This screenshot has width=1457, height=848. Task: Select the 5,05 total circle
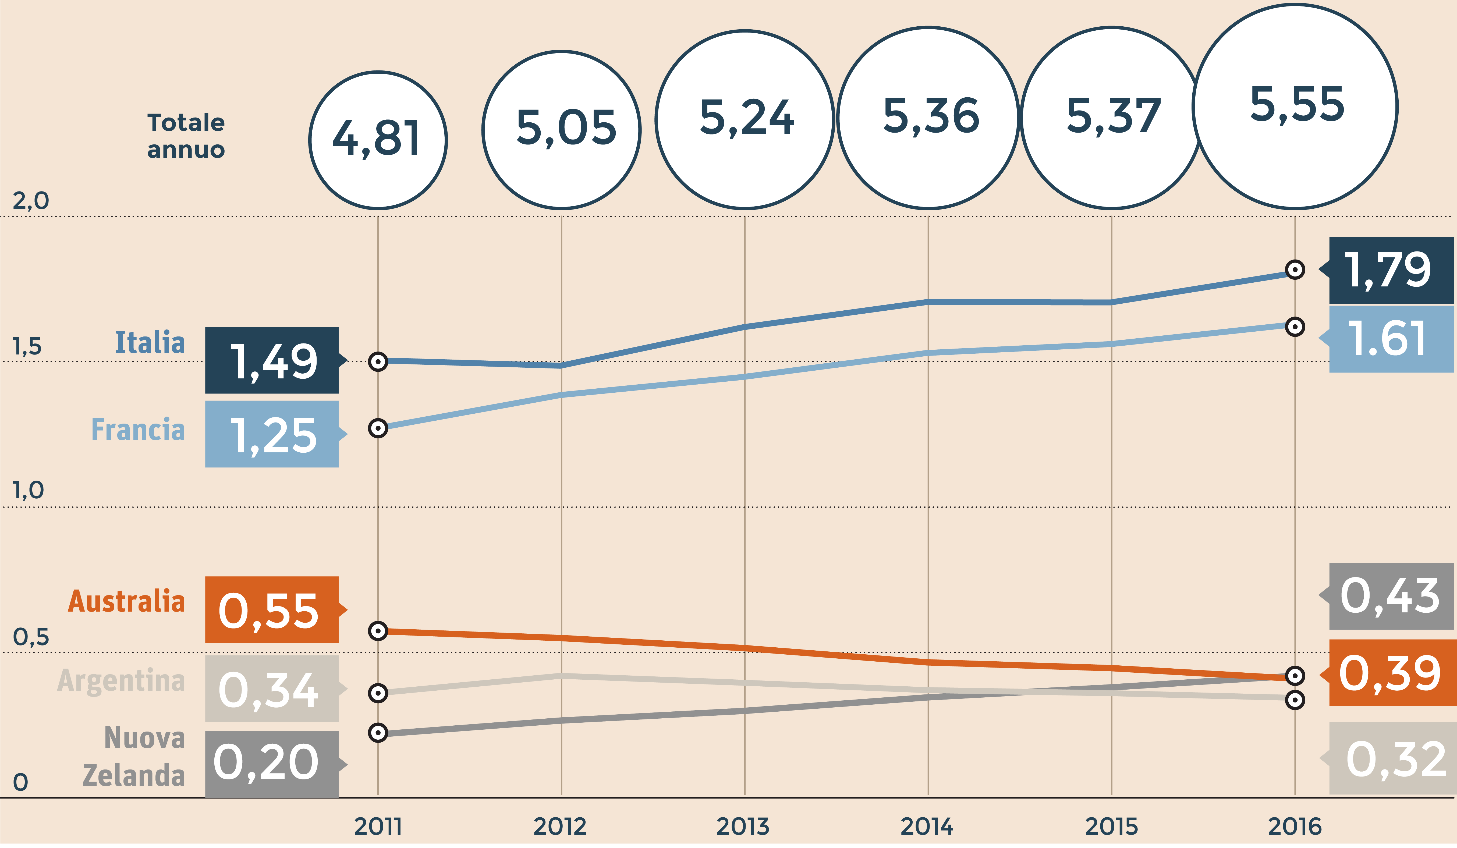point(561,129)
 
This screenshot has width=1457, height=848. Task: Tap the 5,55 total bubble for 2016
point(1295,106)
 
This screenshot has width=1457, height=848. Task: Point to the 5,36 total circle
point(928,117)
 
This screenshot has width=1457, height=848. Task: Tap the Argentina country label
point(121,680)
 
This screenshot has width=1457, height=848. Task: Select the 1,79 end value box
point(1391,271)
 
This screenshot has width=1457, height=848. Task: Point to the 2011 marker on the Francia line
point(378,428)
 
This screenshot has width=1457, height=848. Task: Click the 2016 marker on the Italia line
point(1295,269)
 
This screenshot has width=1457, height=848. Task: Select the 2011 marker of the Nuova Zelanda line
point(378,733)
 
